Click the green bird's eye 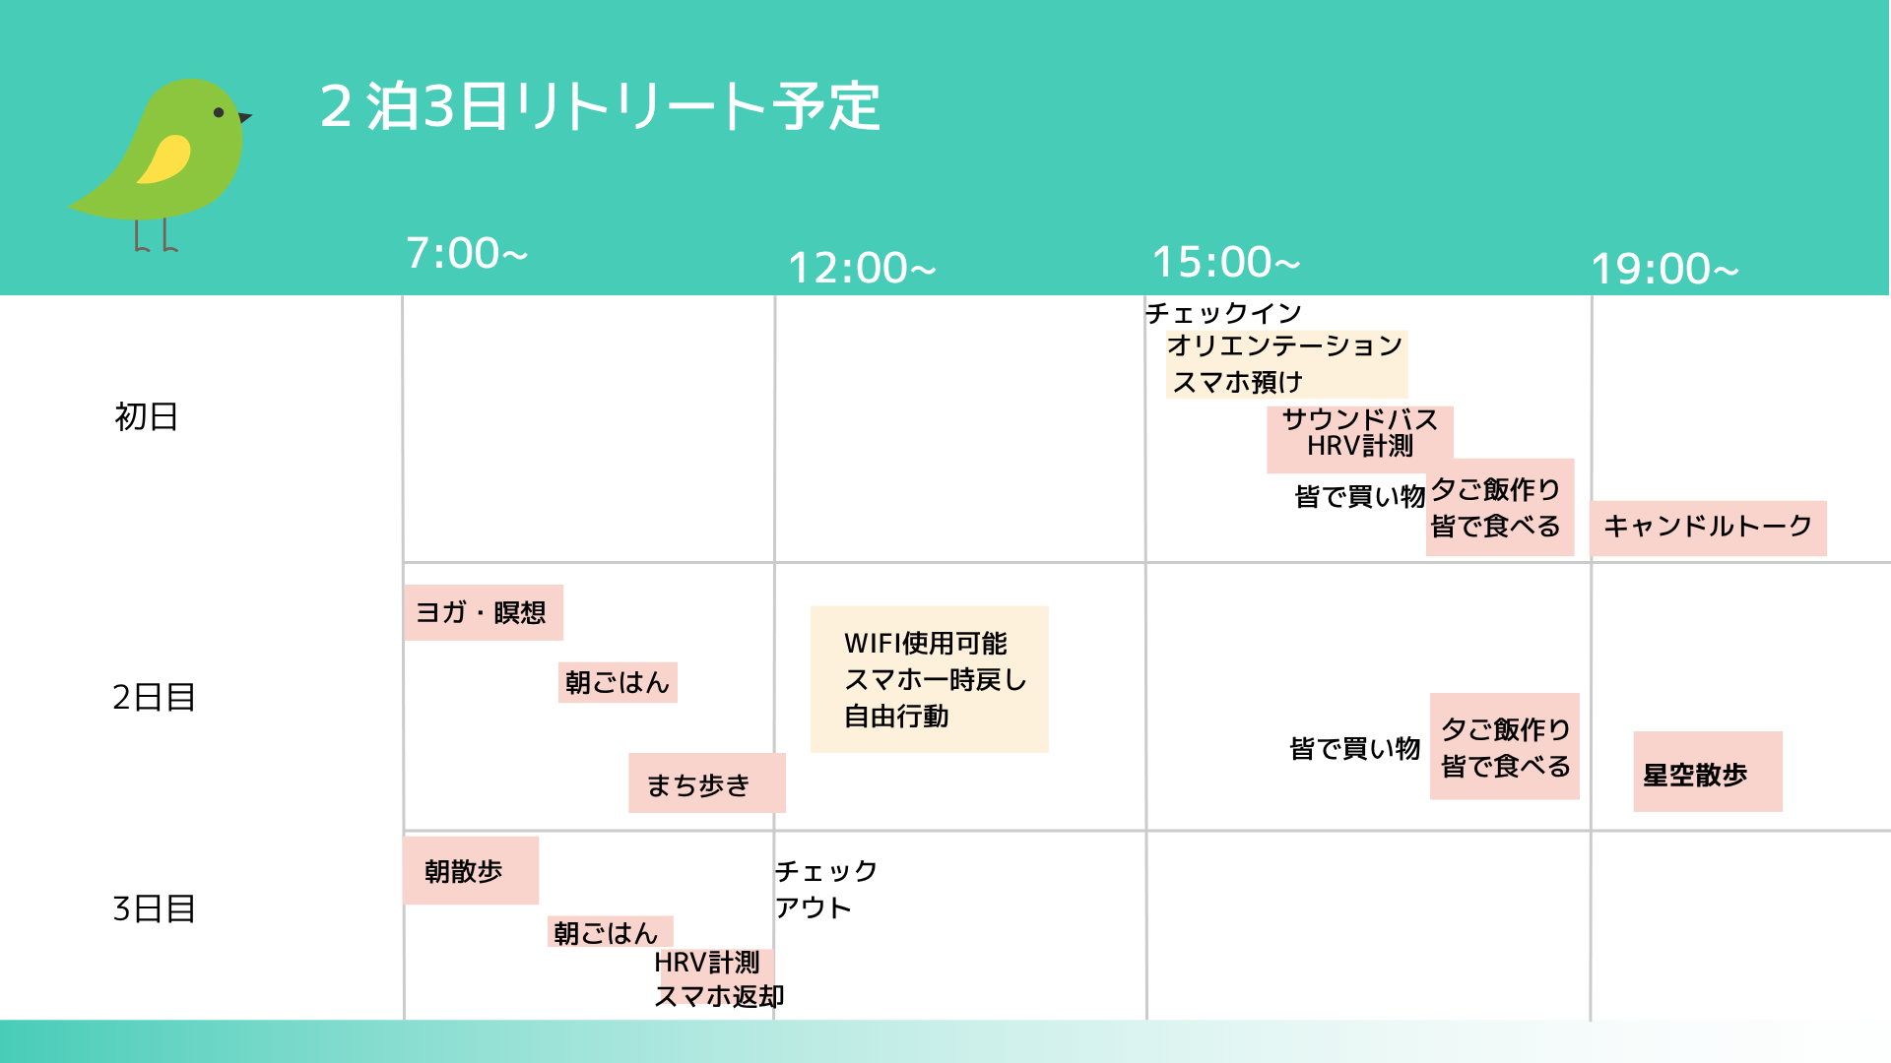[x=219, y=113]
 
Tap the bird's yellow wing [x=164, y=159]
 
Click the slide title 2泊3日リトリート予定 [x=600, y=106]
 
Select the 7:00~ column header [x=467, y=253]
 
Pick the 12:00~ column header [x=862, y=268]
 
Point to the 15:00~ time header [x=1226, y=262]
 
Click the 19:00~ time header [x=1664, y=269]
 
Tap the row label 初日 [x=146, y=416]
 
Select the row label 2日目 [x=154, y=697]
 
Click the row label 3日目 [x=154, y=908]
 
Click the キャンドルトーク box [x=1708, y=528]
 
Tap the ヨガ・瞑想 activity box [x=484, y=612]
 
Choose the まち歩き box [x=706, y=782]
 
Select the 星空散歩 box [x=1707, y=772]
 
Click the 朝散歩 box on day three [x=471, y=870]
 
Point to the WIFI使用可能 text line [x=925, y=644]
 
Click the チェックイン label [x=1223, y=313]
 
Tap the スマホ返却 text [x=719, y=996]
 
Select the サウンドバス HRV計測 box [x=1359, y=439]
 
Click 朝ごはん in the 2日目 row [x=618, y=682]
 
